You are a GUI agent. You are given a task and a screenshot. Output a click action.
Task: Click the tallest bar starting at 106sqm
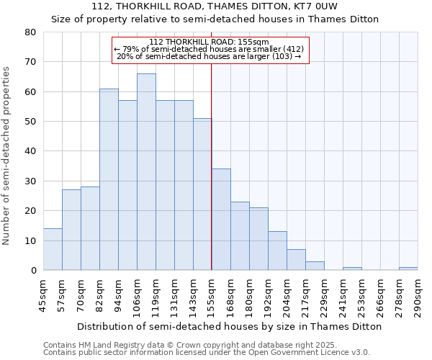(146, 172)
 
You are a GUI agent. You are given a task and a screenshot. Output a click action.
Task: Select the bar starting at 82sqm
(109, 179)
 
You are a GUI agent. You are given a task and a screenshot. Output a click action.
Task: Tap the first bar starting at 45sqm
(53, 249)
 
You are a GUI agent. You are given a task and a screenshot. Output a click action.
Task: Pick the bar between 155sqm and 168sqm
(221, 220)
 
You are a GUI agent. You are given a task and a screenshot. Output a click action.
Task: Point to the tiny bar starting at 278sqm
(408, 269)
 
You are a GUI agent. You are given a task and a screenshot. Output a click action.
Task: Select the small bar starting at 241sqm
(352, 269)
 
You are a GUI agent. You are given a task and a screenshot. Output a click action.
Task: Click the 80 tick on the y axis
(30, 32)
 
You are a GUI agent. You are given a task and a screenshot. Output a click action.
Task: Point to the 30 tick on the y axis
(30, 181)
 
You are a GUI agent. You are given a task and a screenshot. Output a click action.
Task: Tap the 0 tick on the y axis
(33, 271)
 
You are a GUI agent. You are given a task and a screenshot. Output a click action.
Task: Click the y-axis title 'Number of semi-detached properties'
(7, 155)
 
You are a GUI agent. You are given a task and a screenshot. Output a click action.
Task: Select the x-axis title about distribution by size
(230, 326)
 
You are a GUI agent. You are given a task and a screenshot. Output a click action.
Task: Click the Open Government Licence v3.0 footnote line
(207, 353)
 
